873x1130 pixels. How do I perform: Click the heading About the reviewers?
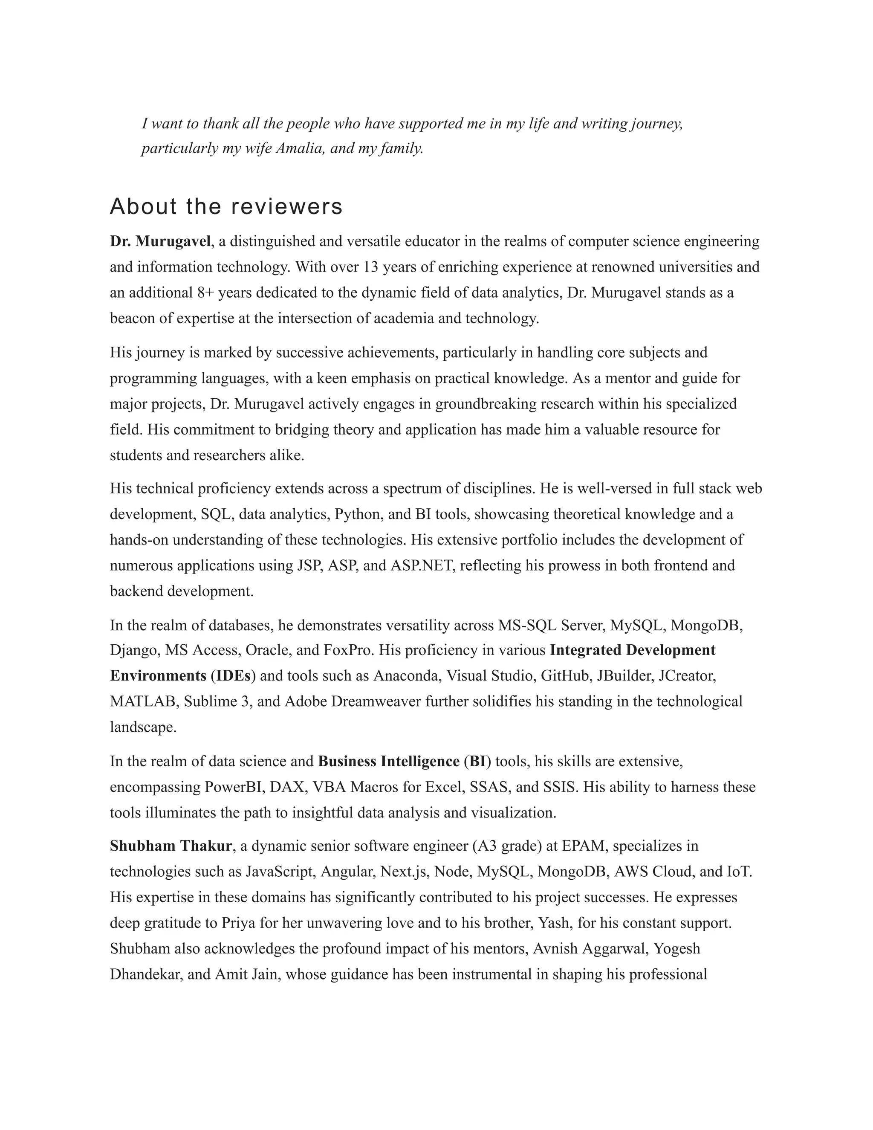coord(226,206)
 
